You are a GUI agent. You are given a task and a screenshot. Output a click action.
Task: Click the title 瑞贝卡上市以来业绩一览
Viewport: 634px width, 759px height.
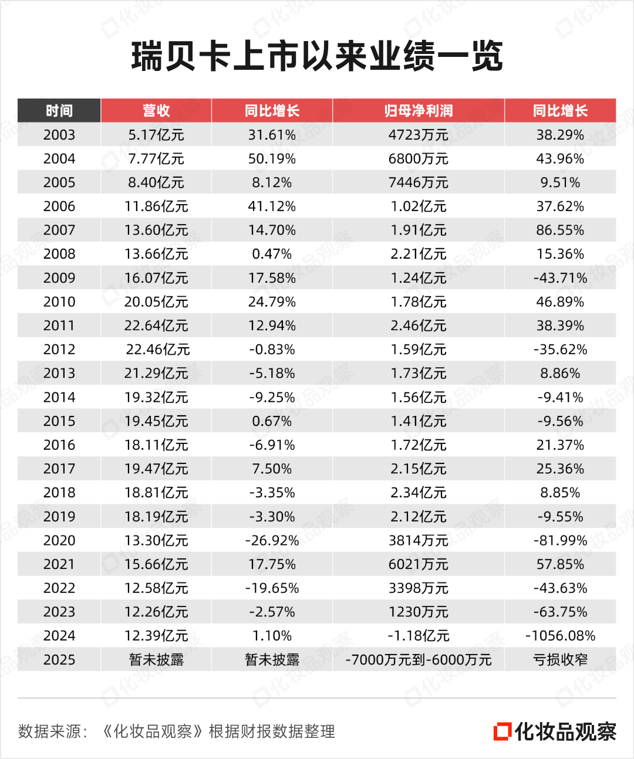click(317, 57)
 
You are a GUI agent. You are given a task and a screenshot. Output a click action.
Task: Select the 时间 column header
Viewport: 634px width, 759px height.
click(59, 111)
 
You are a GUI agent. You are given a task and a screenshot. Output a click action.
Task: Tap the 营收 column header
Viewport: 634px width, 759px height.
click(156, 111)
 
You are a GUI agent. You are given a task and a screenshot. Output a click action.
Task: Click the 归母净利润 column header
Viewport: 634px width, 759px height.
click(418, 111)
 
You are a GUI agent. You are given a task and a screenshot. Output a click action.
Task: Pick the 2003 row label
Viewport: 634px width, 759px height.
click(59, 135)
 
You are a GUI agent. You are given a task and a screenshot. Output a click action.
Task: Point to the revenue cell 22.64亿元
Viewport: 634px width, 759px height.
click(156, 326)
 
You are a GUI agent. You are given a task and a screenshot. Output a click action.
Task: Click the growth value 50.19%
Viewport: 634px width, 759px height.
click(272, 159)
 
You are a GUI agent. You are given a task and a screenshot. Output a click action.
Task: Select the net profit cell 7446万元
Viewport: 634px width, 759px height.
click(418, 182)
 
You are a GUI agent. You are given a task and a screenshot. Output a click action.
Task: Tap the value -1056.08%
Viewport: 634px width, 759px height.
click(560, 636)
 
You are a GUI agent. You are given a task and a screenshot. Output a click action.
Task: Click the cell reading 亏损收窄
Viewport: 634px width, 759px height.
click(560, 660)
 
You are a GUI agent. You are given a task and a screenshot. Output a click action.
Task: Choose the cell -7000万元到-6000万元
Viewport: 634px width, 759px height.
click(418, 660)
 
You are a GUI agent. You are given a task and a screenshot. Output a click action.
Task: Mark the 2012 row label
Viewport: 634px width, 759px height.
click(59, 350)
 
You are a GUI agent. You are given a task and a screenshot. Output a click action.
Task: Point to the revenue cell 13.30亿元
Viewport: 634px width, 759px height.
click(156, 540)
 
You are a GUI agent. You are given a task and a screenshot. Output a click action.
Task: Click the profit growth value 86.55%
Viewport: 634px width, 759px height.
click(560, 231)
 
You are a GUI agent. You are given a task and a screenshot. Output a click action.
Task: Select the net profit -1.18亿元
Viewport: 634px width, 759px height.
click(418, 636)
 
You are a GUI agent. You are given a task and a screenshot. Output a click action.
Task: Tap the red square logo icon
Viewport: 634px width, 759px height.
click(502, 731)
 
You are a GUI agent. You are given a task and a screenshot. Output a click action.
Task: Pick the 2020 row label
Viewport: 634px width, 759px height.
click(59, 540)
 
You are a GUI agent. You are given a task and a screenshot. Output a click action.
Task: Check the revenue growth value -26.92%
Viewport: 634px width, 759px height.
click(272, 540)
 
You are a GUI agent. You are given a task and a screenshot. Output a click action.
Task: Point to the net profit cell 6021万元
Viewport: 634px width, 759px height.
click(418, 564)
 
